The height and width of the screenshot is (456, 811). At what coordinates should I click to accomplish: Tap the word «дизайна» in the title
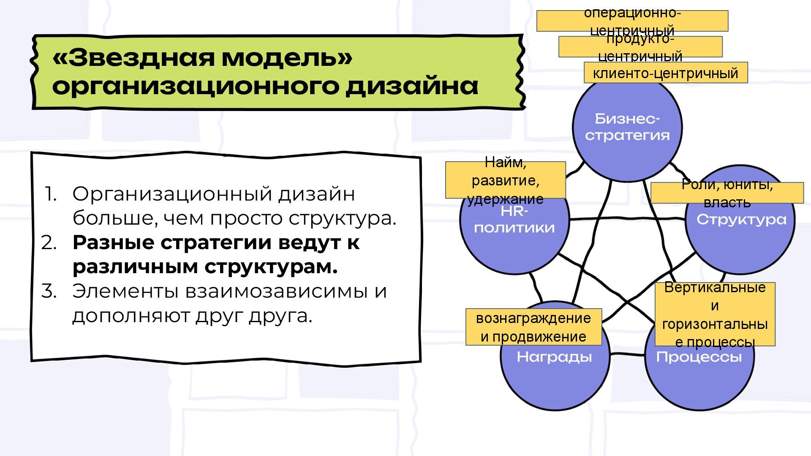pyautogui.click(x=412, y=86)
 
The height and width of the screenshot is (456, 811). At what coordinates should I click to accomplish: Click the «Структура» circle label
pyautogui.click(x=741, y=220)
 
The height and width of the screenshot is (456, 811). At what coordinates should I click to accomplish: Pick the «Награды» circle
pyautogui.click(x=555, y=372)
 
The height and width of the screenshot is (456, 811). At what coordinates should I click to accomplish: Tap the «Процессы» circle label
pyautogui.click(x=699, y=358)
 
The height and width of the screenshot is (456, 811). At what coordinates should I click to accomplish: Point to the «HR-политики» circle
pyautogui.click(x=514, y=236)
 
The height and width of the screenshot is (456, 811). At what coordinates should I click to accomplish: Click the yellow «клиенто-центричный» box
pyautogui.click(x=665, y=73)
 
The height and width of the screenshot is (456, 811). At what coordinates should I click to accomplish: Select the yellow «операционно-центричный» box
pyautogui.click(x=632, y=21)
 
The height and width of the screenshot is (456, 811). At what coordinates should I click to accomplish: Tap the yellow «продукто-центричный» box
pyautogui.click(x=640, y=47)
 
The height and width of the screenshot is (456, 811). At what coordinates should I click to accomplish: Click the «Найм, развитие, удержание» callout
pyautogui.click(x=505, y=180)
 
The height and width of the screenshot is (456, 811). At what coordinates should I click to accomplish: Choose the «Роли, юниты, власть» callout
pyautogui.click(x=727, y=193)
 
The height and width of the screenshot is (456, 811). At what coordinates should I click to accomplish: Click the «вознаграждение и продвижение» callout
pyautogui.click(x=533, y=327)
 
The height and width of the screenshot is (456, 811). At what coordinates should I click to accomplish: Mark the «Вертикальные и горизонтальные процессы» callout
pyautogui.click(x=715, y=314)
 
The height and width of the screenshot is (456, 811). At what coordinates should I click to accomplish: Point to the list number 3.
pyautogui.click(x=49, y=291)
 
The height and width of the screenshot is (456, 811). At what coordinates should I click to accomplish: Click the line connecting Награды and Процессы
pyautogui.click(x=627, y=354)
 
